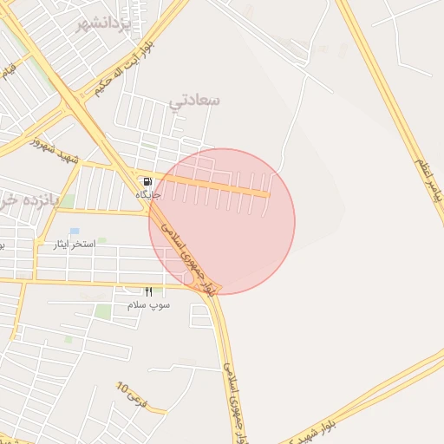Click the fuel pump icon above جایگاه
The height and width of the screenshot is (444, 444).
147,182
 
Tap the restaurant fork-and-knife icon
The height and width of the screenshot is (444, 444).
148,292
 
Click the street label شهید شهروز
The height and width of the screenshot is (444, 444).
57,148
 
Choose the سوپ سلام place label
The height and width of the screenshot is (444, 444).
148,305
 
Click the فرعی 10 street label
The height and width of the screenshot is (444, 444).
128,395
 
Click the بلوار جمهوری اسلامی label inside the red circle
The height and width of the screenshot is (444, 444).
186,252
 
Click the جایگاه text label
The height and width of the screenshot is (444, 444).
148,195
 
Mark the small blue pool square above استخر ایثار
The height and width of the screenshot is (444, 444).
75,232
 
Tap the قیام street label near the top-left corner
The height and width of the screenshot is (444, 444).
9,71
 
